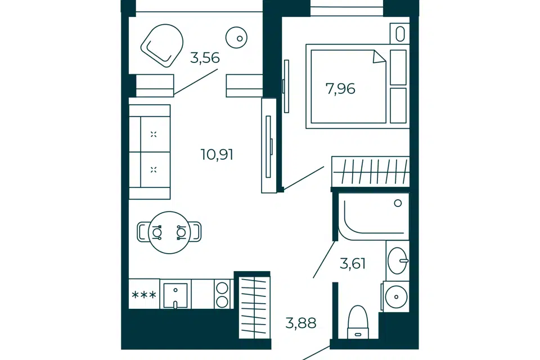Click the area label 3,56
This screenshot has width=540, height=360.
tap(205, 58)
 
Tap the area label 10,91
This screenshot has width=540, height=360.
tap(217, 155)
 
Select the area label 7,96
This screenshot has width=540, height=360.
tap(340, 89)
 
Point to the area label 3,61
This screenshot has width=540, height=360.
tap(352, 264)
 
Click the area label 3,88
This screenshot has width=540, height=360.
tap(300, 323)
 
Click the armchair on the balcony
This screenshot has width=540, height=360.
tap(162, 45)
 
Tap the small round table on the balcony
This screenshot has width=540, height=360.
tap(237, 38)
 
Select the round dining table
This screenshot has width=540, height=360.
tap(169, 232)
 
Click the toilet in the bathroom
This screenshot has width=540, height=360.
tap(358, 322)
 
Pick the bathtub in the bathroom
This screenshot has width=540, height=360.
tap(373, 217)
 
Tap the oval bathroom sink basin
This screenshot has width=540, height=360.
tap(398, 261)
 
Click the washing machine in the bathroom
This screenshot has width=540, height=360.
tap(396, 296)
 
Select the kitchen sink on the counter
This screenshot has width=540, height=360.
tap(175, 295)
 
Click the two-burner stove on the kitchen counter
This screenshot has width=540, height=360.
tap(222, 294)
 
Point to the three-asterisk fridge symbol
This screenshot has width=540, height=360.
tap(145, 295)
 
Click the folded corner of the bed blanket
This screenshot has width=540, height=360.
tap(380, 57)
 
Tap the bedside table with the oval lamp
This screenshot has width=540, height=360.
tap(400, 33)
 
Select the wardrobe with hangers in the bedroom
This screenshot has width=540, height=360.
tap(371, 172)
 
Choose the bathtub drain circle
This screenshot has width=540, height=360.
tap(398, 203)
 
